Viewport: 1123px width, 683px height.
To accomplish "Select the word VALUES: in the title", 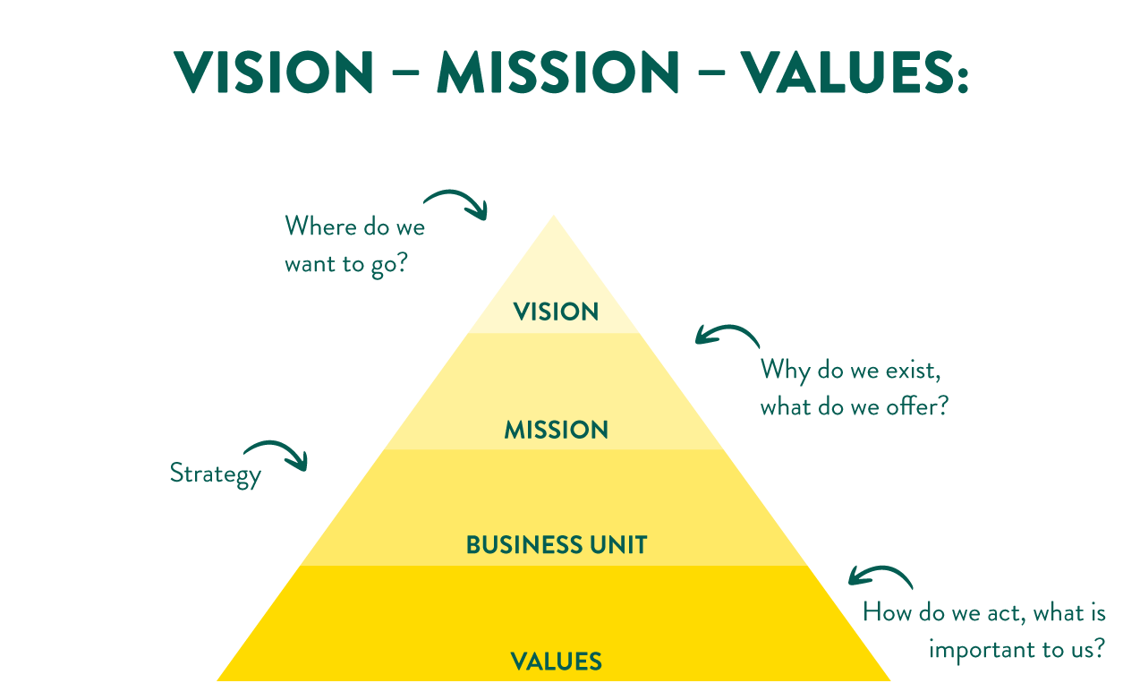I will [x=855, y=73].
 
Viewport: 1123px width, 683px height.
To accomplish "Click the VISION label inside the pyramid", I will [x=556, y=312].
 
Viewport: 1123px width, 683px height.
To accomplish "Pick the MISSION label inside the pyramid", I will [x=556, y=430].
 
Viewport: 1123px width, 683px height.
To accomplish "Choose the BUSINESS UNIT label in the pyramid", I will [x=557, y=544].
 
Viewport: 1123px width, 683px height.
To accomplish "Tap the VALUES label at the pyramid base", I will [x=556, y=662].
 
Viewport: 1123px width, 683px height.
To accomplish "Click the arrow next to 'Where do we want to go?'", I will [x=457, y=201].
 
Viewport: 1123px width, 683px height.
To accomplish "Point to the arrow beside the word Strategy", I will [x=277, y=453].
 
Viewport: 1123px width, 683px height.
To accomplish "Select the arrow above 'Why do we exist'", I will [x=727, y=335].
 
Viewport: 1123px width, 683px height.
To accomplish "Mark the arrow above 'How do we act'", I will [x=880, y=576].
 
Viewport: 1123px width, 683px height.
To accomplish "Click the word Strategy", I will [x=216, y=473].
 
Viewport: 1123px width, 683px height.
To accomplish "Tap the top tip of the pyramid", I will [x=553, y=218].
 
